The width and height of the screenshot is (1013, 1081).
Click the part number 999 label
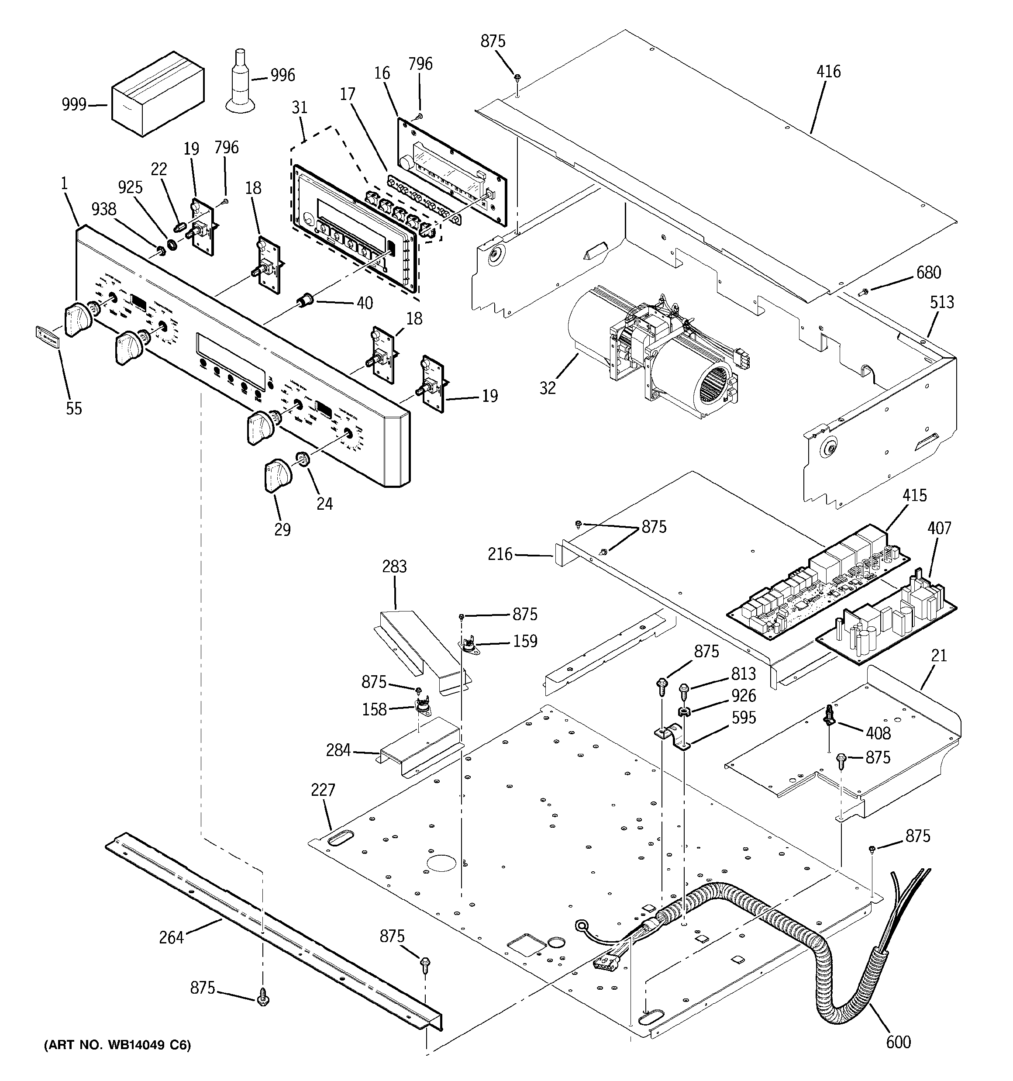click(74, 104)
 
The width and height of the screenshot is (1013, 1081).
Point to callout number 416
click(828, 72)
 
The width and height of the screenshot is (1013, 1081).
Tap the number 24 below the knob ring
click(324, 504)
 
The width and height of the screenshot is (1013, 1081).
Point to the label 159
click(525, 642)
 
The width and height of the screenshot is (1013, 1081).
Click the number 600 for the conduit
click(898, 1042)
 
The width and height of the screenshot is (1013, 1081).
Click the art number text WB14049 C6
click(117, 1045)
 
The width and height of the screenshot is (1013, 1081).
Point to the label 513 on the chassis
click(941, 302)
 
